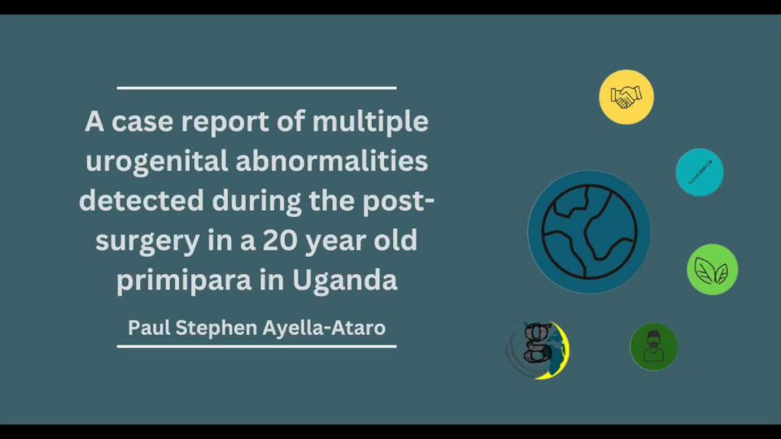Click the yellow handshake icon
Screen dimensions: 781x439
(x=626, y=97)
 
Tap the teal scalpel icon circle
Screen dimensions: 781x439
(x=700, y=172)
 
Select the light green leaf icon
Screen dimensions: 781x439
(x=713, y=269)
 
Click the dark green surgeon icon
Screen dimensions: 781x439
(x=653, y=347)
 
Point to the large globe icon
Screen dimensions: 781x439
(x=589, y=232)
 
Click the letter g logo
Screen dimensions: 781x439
(x=539, y=350)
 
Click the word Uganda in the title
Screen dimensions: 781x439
(x=344, y=280)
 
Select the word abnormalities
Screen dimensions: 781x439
(x=332, y=161)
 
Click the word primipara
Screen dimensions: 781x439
(x=184, y=280)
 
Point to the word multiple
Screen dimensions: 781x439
(x=370, y=122)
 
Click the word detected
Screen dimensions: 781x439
(x=142, y=200)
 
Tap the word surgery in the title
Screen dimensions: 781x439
(x=147, y=241)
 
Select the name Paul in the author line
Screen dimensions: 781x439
(x=148, y=328)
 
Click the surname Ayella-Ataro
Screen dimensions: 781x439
(x=324, y=328)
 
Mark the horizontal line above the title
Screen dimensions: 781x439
(x=256, y=88)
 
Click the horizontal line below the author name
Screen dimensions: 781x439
(x=256, y=346)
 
